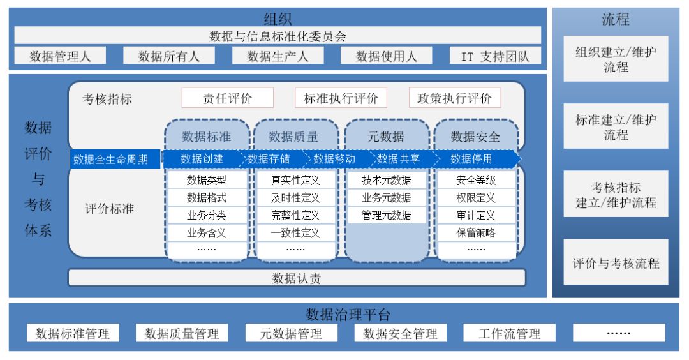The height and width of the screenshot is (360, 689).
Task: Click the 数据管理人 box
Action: tap(61, 56)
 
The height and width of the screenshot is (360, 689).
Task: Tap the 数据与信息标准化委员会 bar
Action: tap(278, 36)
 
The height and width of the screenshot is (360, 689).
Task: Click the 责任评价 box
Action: tap(228, 98)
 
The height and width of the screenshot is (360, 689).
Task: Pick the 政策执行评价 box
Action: tap(455, 98)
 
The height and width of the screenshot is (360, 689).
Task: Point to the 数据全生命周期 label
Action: tap(114, 159)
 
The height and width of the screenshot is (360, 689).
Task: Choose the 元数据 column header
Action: tap(386, 136)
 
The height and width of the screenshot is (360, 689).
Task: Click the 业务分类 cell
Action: tap(207, 215)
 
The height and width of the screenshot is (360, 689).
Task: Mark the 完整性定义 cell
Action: tap(295, 215)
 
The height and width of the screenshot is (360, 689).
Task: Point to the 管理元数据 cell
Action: tap(386, 215)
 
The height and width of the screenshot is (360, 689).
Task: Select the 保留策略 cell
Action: tap(476, 233)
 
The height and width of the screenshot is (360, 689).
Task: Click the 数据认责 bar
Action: tap(297, 278)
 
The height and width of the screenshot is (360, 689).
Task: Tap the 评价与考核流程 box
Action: tap(616, 262)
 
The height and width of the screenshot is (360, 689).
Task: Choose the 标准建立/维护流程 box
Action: tap(616, 127)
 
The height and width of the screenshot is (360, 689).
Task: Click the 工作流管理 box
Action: tap(510, 333)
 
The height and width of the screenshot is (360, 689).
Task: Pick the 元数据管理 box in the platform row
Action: tap(291, 333)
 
